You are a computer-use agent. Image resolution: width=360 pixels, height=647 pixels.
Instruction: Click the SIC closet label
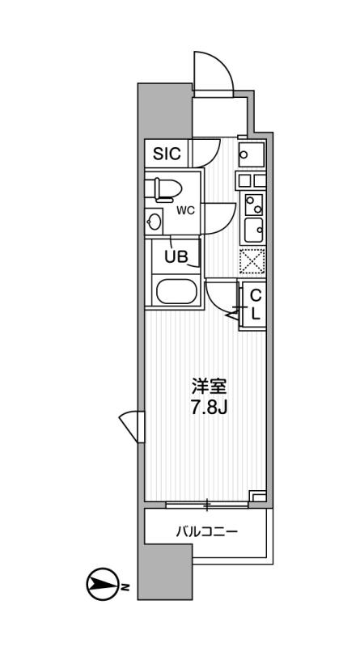tap(169, 152)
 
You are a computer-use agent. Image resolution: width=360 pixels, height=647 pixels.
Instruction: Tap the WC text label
tap(186, 211)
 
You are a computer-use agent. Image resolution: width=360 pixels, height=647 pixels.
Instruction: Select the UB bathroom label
tap(176, 257)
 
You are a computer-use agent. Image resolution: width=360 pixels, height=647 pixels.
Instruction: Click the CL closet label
tap(254, 304)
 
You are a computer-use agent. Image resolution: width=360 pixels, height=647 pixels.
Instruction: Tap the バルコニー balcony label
tap(206, 532)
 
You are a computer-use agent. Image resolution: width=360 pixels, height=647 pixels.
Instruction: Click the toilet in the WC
tap(164, 190)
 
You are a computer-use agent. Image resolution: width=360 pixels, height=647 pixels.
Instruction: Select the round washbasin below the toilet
tap(155, 221)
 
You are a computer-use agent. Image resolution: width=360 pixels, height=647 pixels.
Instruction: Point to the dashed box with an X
tap(253, 260)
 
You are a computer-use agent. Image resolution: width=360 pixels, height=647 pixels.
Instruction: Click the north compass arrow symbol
tap(101, 585)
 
